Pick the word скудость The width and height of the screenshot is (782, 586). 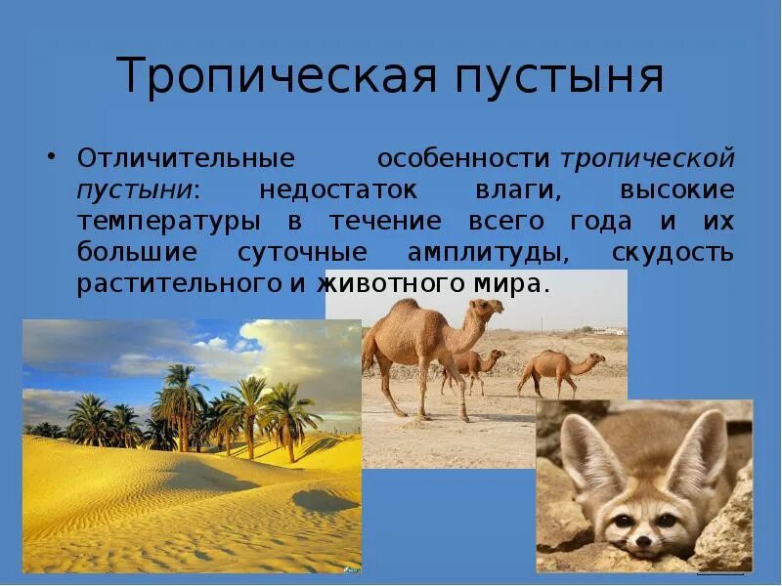tap(673, 252)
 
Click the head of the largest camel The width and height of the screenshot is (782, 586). tap(483, 312)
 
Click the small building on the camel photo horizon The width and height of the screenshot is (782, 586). tap(609, 330)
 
